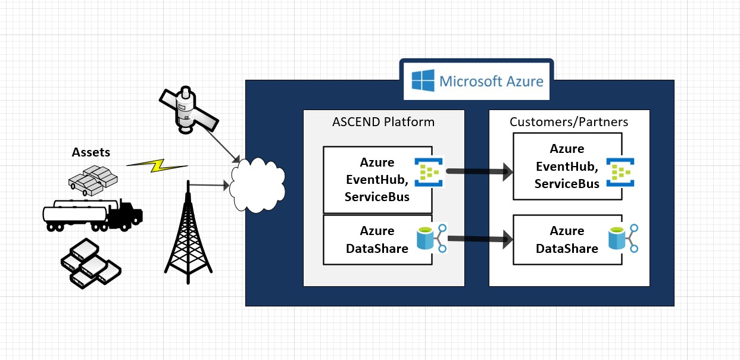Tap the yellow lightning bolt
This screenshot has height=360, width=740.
pos(157,166)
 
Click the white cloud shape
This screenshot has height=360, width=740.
pos(257,184)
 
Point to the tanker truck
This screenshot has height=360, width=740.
pos(93,212)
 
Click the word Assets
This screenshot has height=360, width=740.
pos(91,152)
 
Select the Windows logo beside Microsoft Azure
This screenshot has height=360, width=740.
pos(423,80)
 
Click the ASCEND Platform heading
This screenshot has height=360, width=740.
pos(383,122)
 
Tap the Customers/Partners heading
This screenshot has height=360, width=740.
pos(569,122)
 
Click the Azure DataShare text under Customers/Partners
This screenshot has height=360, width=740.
pos(567,240)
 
